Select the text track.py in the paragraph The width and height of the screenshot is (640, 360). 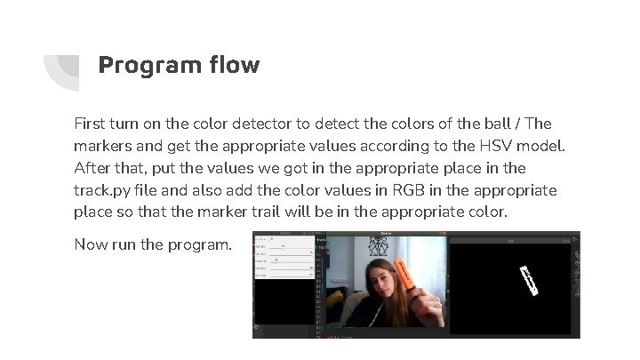tap(106, 190)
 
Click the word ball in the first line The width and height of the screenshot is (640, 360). tap(482, 124)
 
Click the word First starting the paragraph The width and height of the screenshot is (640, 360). tap(91, 124)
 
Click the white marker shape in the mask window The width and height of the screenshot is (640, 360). tap(530, 280)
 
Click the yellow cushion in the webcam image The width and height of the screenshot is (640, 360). tap(343, 290)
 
